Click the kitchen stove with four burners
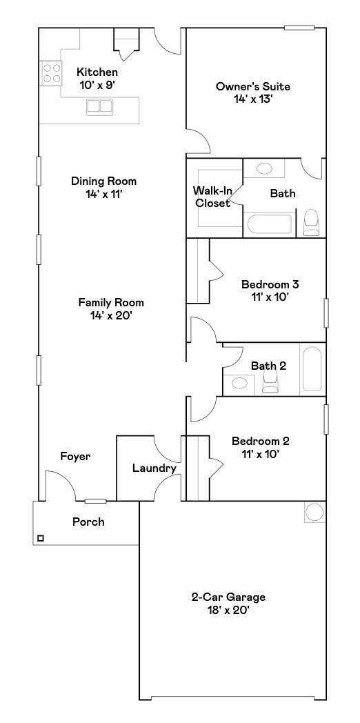click(x=51, y=73)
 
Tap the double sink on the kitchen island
click(x=100, y=107)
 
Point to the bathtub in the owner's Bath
click(x=269, y=226)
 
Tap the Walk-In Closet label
click(x=212, y=197)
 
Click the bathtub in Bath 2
click(x=312, y=370)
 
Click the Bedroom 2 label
click(x=260, y=442)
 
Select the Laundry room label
click(x=154, y=468)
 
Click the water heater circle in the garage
click(x=314, y=512)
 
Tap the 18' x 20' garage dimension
click(x=228, y=610)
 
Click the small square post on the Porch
click(x=41, y=538)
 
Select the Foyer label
click(x=75, y=457)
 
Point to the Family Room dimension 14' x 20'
click(x=110, y=315)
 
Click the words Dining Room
click(x=103, y=181)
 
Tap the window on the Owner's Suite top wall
click(x=299, y=28)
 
